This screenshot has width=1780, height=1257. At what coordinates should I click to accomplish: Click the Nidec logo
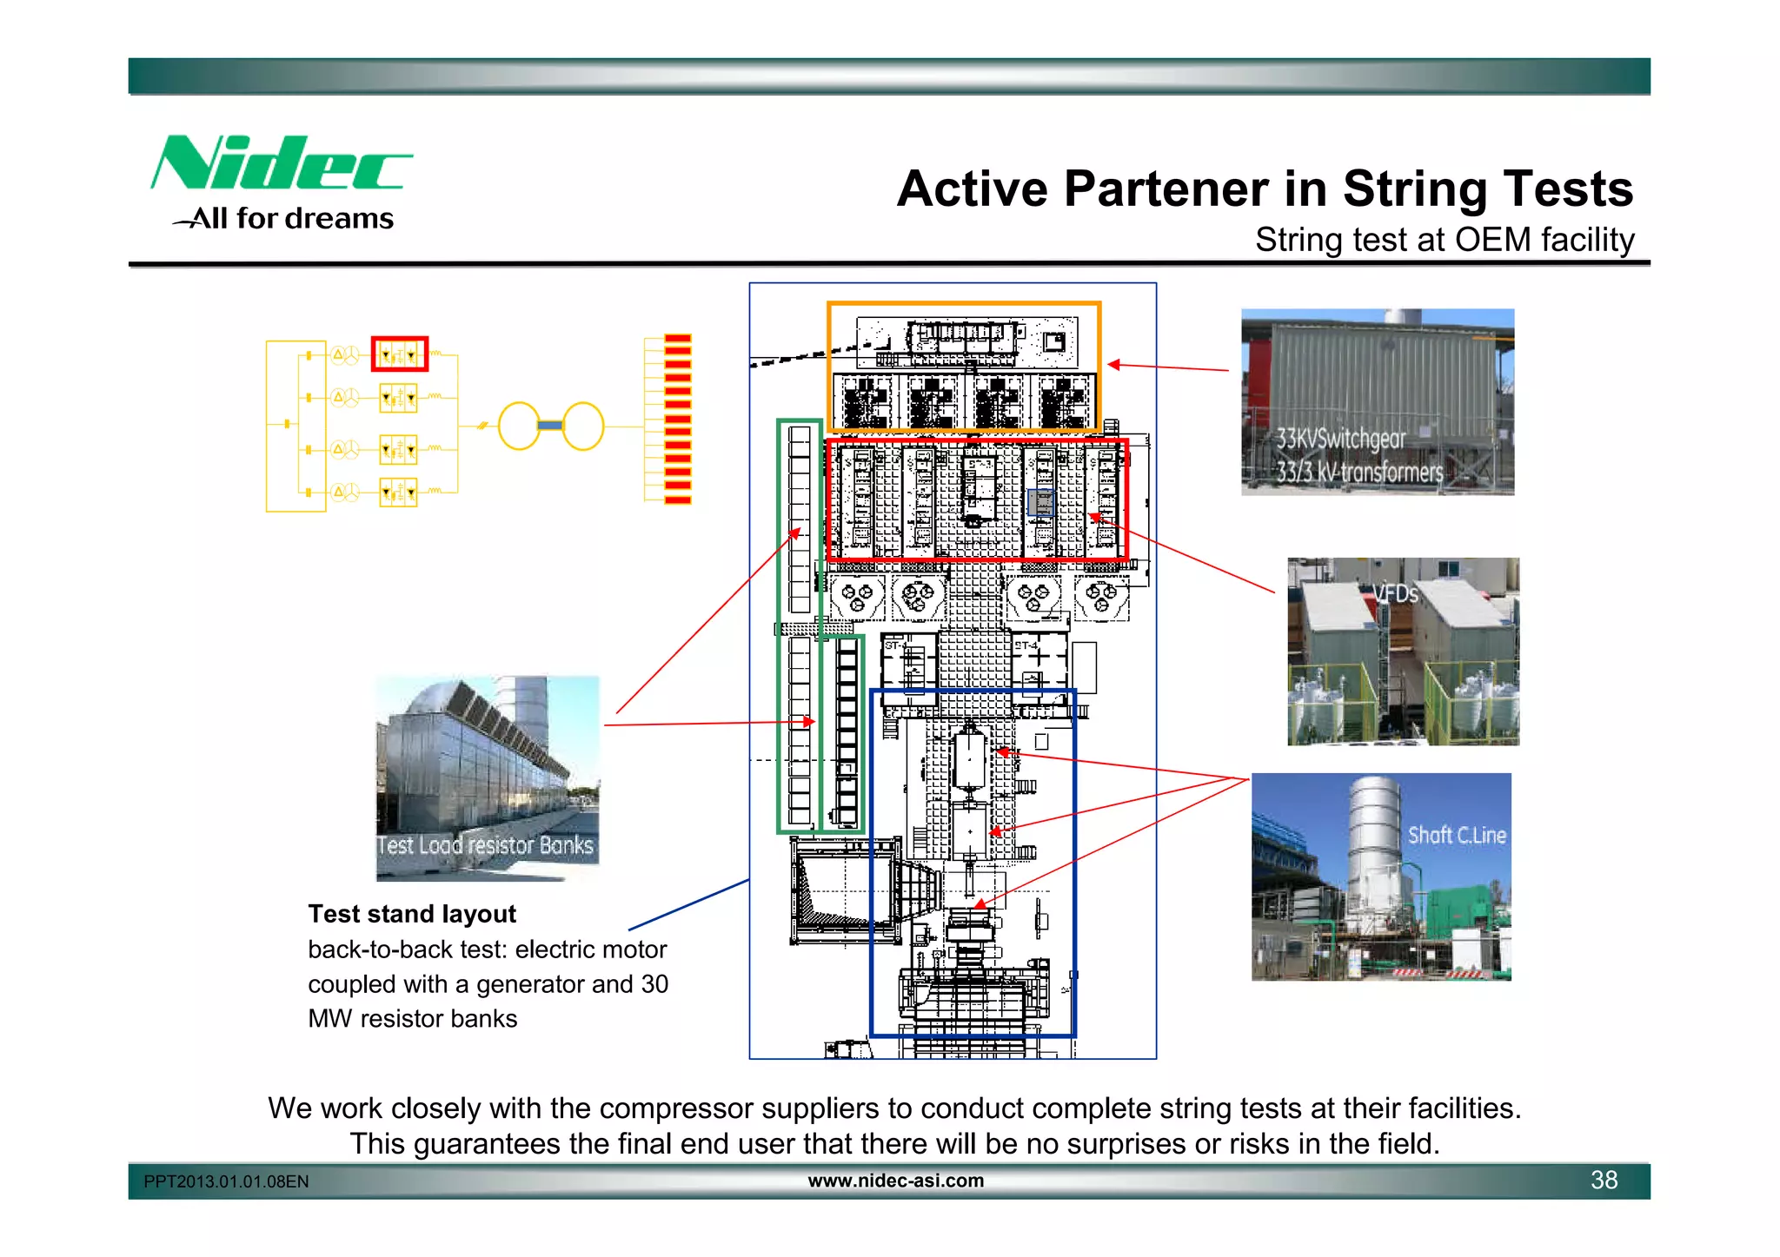click(280, 163)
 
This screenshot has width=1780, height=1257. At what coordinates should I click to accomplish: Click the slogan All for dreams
click(292, 218)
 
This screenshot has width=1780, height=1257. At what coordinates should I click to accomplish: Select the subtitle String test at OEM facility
click(1444, 240)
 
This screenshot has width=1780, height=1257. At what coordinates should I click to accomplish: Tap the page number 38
click(1604, 1180)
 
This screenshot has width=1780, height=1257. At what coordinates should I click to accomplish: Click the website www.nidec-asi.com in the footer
click(895, 1181)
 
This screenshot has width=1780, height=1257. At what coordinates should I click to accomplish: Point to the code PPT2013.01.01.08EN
click(226, 1181)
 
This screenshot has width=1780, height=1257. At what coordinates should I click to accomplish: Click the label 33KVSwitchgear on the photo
click(1340, 439)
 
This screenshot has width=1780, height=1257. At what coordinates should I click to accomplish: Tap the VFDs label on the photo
click(1396, 594)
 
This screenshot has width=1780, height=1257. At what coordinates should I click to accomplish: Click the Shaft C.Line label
click(1457, 835)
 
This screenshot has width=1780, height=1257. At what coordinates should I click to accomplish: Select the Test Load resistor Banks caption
click(485, 845)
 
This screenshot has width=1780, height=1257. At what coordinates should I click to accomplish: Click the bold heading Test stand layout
click(412, 914)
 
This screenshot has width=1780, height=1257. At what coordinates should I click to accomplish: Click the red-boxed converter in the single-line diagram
click(399, 354)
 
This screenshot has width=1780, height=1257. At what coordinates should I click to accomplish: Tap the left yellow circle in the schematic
click(519, 426)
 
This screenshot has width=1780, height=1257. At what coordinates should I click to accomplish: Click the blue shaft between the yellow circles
click(550, 426)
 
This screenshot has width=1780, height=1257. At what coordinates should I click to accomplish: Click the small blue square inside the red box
click(1040, 503)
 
